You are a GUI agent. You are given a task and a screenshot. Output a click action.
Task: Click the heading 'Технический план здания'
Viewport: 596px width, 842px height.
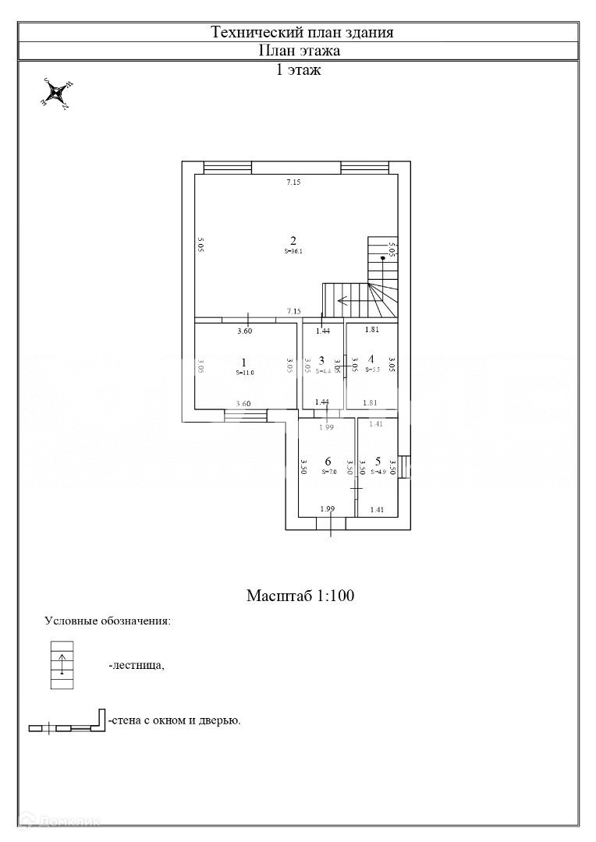click(302, 32)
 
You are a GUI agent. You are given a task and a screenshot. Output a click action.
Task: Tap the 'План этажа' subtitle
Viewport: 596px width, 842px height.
click(300, 51)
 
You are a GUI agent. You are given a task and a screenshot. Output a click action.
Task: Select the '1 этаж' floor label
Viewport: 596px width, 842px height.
click(300, 69)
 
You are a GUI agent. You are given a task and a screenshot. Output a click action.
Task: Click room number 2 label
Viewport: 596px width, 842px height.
click(293, 240)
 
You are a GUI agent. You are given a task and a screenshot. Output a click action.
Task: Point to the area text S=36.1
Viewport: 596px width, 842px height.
click(293, 251)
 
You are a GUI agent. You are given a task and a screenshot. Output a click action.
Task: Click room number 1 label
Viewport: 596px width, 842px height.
click(244, 362)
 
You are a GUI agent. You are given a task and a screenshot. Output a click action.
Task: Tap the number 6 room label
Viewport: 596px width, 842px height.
click(328, 461)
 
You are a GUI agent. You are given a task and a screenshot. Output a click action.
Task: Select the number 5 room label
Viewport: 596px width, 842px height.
click(378, 461)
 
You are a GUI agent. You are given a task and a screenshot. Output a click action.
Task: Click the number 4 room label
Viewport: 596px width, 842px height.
click(371, 359)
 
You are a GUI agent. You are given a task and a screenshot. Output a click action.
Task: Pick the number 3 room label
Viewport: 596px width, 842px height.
click(321, 359)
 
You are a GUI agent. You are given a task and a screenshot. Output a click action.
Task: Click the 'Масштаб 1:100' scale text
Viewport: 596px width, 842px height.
click(300, 596)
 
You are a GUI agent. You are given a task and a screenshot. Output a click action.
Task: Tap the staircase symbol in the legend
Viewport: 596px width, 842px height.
click(62, 665)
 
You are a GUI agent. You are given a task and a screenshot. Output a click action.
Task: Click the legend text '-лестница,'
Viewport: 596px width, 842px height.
click(137, 666)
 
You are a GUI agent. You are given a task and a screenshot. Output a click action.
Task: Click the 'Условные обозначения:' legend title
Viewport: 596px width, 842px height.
click(108, 621)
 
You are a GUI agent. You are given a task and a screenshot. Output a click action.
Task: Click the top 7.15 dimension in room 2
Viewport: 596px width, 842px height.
click(293, 182)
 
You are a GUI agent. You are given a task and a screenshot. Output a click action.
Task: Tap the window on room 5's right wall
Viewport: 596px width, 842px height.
click(403, 466)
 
